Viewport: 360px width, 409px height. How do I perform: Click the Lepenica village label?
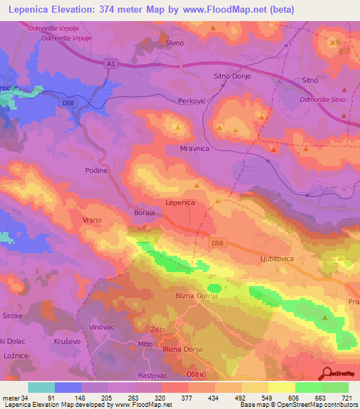(x=179, y=202)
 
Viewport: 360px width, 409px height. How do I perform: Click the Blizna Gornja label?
(x=197, y=296)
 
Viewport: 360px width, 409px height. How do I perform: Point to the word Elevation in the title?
(x=74, y=10)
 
